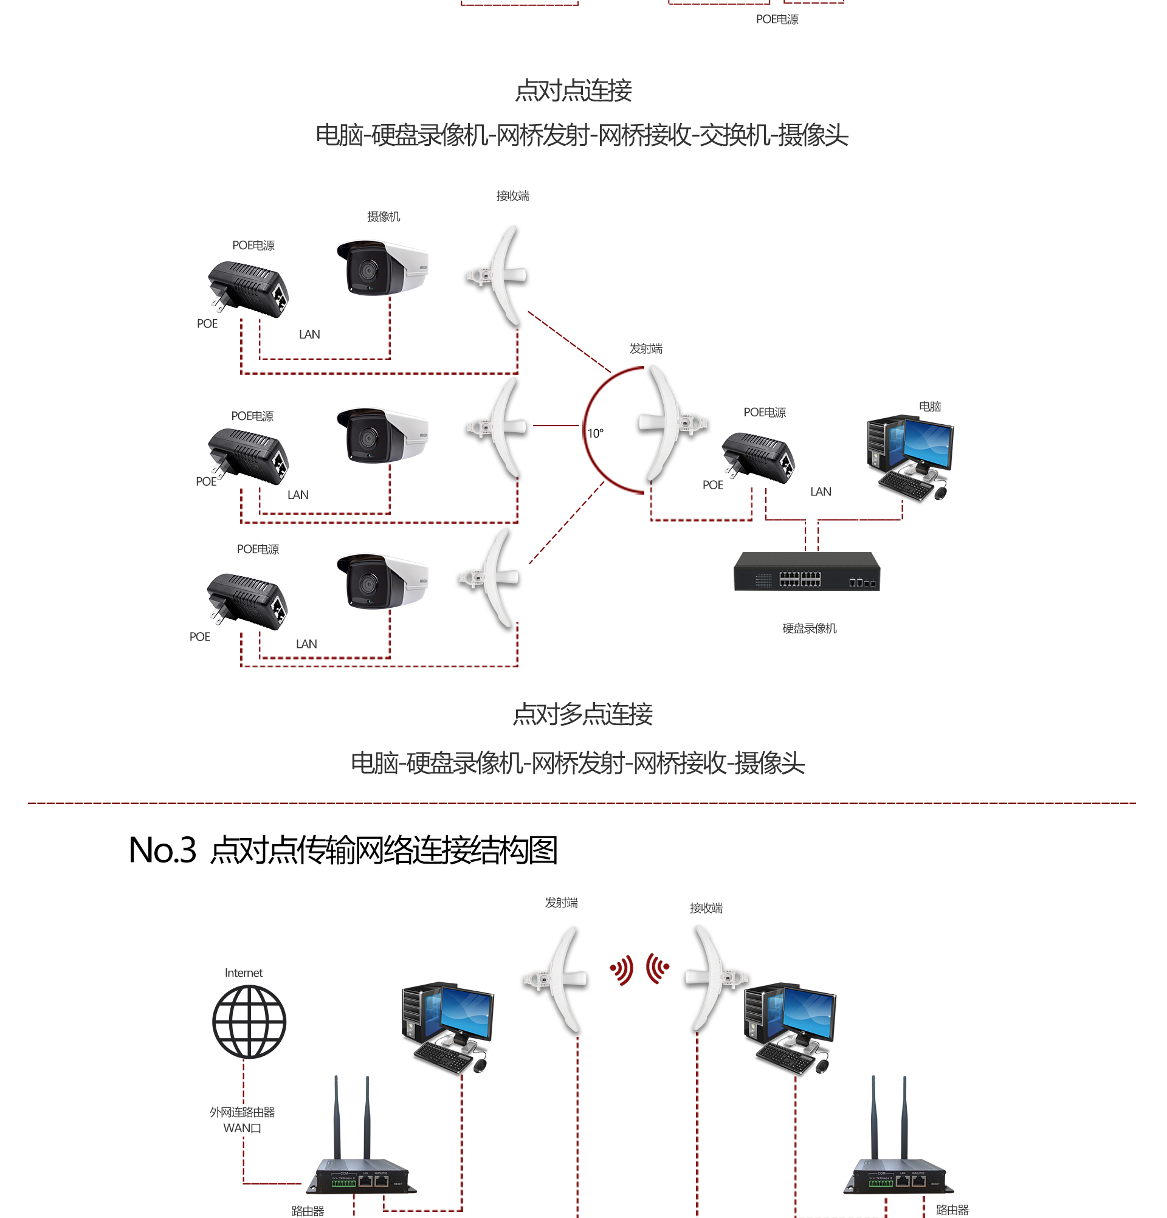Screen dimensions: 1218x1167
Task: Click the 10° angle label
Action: pos(595,433)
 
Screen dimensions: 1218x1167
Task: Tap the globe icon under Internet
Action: pos(249,1021)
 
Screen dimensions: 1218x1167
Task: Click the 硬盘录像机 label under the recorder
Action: pos(809,628)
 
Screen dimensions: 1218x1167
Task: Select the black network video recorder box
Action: pos(807,572)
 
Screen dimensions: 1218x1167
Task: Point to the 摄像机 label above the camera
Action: pos(384,216)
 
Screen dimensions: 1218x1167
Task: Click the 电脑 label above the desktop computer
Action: pos(929,407)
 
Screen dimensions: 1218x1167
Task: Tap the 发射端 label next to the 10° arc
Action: pos(645,349)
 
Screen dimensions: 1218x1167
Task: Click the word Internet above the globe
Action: pos(244,972)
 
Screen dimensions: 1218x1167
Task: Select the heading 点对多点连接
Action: pos(582,714)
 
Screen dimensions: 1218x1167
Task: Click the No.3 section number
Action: pos(162,850)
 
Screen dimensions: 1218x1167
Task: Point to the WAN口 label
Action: pos(243,1128)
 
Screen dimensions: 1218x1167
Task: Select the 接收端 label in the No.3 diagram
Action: pos(706,908)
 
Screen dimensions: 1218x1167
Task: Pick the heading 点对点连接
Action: pos(573,91)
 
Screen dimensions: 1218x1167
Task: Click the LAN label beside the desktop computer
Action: pos(821,492)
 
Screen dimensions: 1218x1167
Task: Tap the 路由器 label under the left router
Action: pos(308,1211)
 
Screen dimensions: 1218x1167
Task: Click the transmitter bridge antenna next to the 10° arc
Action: pos(668,424)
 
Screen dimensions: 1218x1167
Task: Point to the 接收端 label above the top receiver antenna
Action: pos(512,196)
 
